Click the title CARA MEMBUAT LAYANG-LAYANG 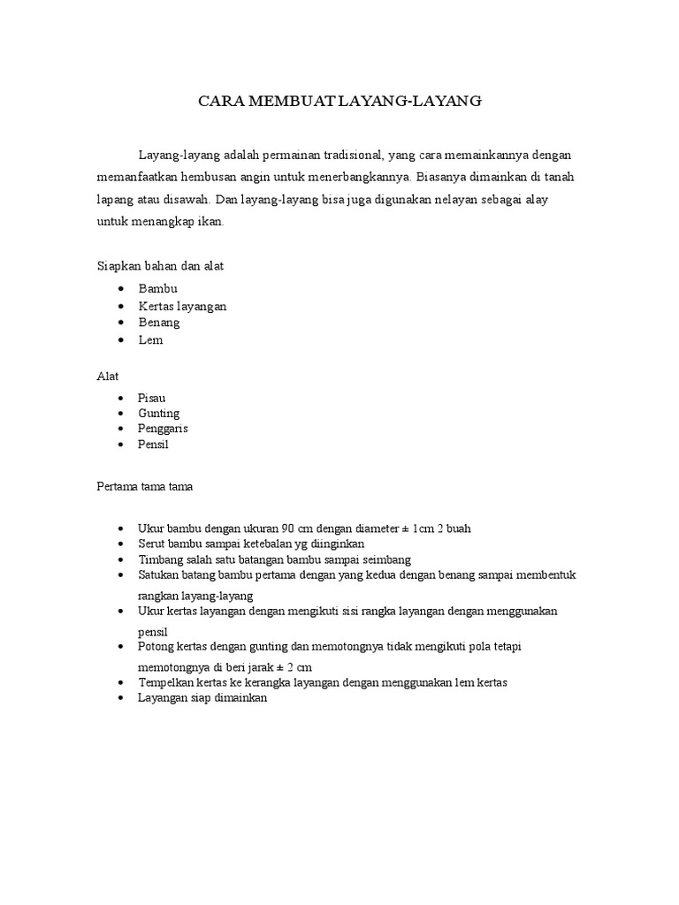(339, 103)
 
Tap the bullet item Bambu (158, 289)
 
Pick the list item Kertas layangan (182, 306)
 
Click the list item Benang (159, 323)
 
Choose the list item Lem (150, 339)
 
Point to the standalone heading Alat (107, 376)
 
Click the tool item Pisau (152, 398)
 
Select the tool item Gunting (158, 413)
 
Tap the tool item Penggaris (163, 429)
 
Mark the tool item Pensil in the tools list (153, 445)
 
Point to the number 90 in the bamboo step (288, 529)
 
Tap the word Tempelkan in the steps (166, 682)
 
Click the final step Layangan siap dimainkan (202, 698)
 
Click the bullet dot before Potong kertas (120, 647)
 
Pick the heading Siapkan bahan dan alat (164, 265)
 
